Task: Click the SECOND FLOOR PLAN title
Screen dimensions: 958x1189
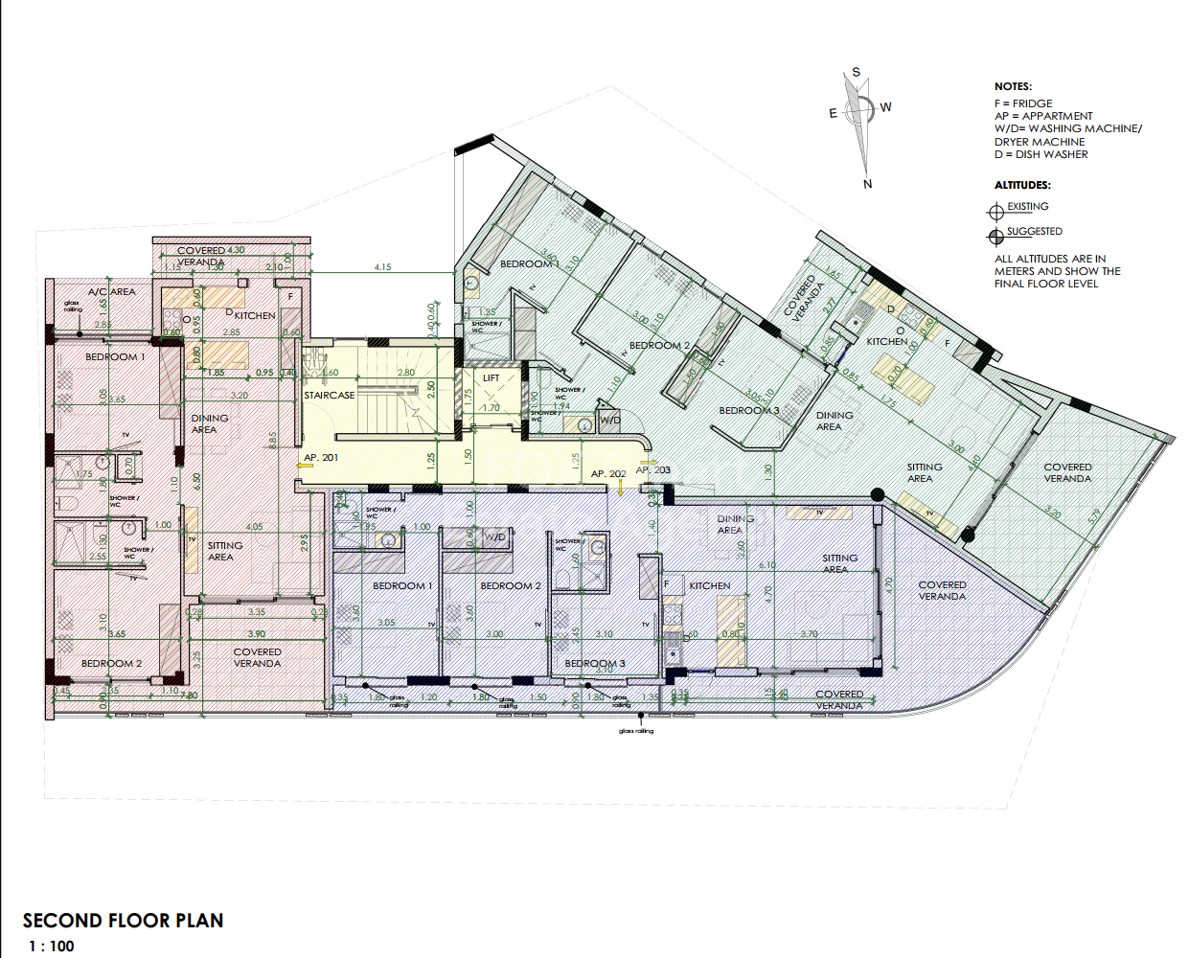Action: click(123, 921)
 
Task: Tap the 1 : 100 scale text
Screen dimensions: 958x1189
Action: click(51, 947)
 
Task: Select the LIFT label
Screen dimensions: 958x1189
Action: click(492, 377)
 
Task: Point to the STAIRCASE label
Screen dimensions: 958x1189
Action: click(329, 395)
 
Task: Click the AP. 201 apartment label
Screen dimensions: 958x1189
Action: click(320, 458)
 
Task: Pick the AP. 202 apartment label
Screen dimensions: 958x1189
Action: click(607, 473)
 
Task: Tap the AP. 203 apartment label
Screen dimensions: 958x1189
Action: click(653, 469)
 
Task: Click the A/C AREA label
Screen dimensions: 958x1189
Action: click(111, 291)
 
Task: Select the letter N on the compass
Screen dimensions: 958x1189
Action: click(867, 184)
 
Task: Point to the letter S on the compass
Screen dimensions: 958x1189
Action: click(856, 72)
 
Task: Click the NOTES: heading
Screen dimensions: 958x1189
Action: click(1013, 86)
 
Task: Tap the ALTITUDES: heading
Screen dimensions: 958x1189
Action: click(1021, 185)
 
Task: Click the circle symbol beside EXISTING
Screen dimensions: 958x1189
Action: click(995, 212)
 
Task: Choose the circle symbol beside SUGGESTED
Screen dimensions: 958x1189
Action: click(995, 236)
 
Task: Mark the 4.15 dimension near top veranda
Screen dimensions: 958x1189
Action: click(382, 267)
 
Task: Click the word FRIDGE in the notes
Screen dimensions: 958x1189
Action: click(1032, 103)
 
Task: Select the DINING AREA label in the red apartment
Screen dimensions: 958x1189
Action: click(209, 423)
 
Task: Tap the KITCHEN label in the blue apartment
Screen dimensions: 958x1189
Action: click(709, 585)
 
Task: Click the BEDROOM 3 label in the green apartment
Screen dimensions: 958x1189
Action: click(748, 410)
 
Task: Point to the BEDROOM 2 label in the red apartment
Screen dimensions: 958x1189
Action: click(111, 663)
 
